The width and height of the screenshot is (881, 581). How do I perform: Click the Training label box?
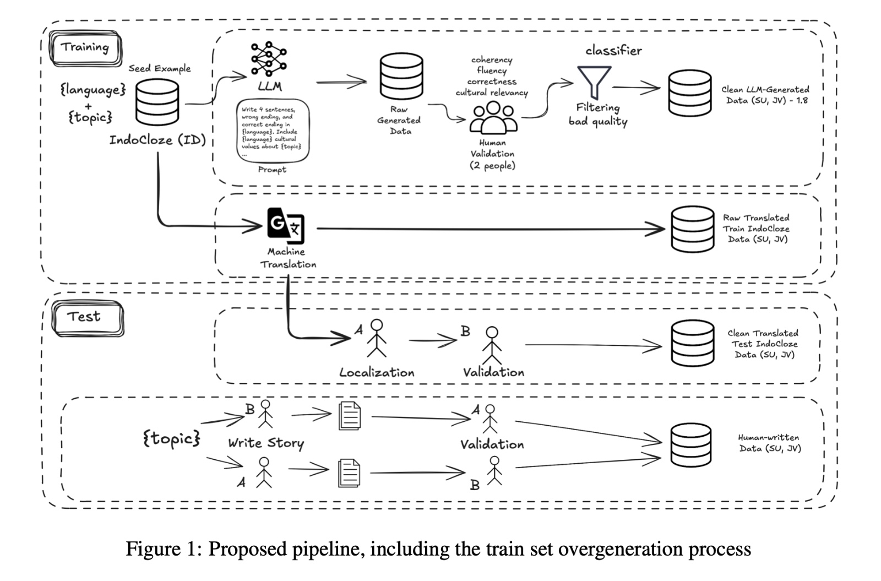[x=85, y=48]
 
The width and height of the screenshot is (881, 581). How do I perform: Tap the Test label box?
[x=87, y=318]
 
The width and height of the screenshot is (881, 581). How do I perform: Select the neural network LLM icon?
[x=269, y=58]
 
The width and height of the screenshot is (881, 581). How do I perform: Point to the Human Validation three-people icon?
[x=493, y=118]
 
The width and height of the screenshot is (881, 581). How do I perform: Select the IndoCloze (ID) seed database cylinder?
[x=157, y=102]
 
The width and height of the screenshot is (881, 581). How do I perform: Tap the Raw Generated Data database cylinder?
[x=401, y=77]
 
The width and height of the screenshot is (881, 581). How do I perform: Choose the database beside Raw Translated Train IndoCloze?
[x=692, y=229]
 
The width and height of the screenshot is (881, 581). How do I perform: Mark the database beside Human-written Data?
[x=690, y=444]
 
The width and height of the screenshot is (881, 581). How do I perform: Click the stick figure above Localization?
[x=377, y=338]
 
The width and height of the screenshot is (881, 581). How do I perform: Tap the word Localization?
[x=377, y=373]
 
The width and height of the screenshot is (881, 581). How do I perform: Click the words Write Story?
[x=266, y=443]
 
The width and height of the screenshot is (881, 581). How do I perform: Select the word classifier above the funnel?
[x=613, y=51]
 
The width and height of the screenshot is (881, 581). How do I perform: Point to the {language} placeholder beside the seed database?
[x=93, y=89]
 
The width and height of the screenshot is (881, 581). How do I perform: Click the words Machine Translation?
[x=287, y=258]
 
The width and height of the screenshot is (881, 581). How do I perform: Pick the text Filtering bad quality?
[x=598, y=115]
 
